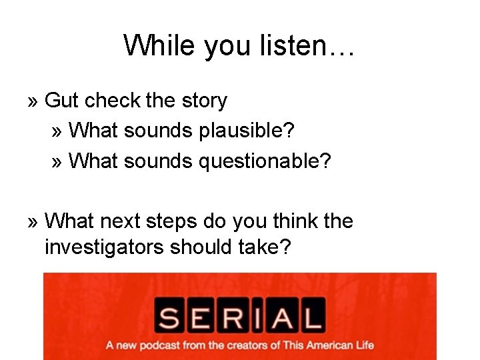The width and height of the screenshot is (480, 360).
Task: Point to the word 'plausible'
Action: [246, 131]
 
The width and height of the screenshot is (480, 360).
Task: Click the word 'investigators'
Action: [105, 247]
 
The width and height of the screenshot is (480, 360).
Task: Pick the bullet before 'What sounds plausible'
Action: [57, 131]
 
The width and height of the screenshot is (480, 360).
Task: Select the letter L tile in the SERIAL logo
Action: [310, 315]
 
